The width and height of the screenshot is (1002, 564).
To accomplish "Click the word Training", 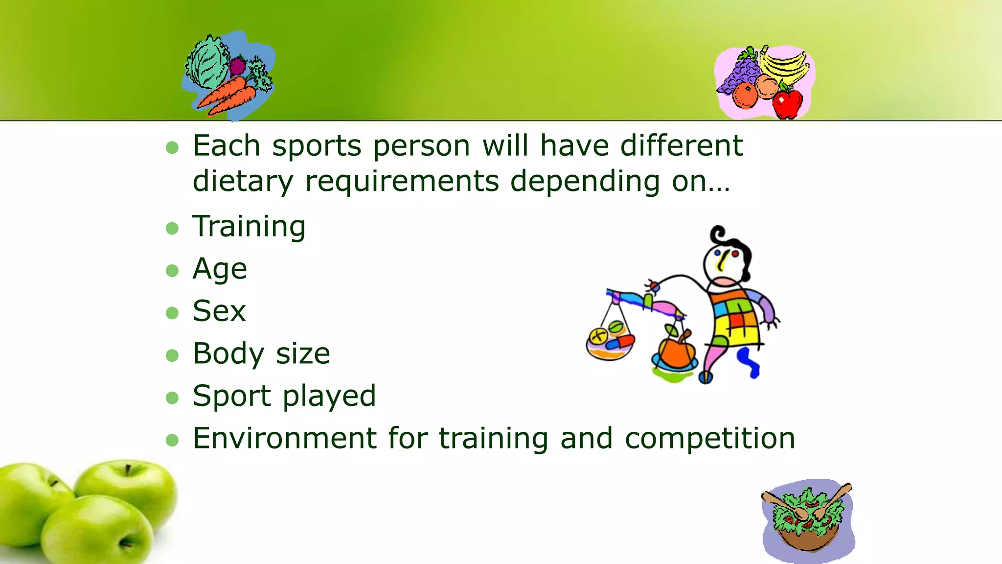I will pos(249,227).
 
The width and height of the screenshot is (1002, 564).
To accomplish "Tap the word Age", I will pos(220,269).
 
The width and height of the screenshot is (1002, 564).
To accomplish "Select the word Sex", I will pos(219,311).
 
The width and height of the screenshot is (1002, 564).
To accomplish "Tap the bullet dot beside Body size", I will pos(172,355).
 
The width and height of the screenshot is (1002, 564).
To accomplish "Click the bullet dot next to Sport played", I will pos(172,397).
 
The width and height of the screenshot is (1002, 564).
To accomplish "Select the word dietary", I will pos(243,181).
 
